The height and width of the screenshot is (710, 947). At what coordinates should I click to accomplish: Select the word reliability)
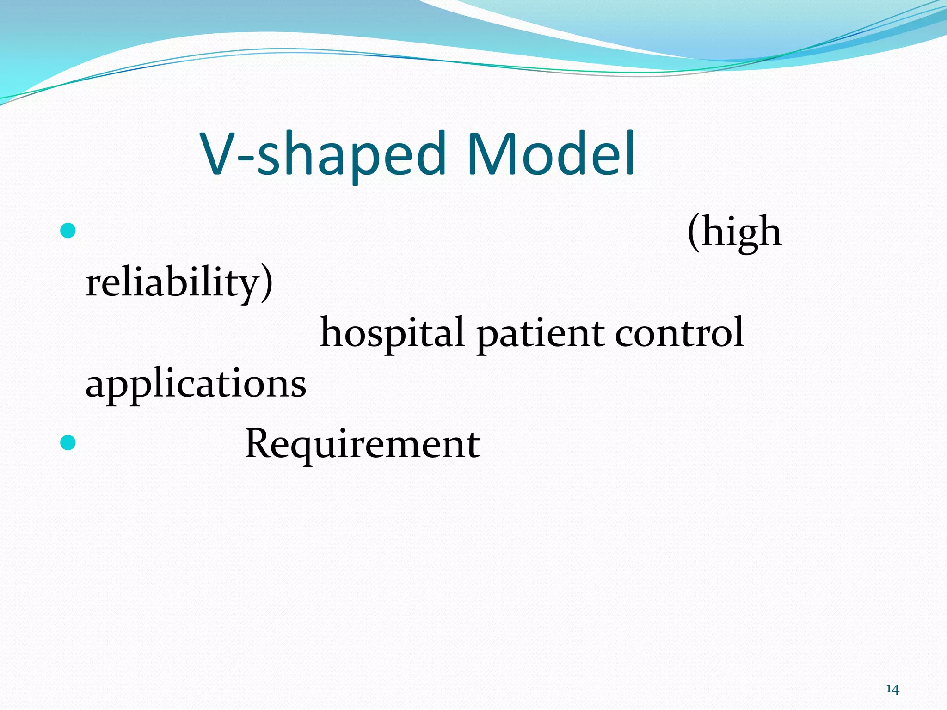click(x=179, y=283)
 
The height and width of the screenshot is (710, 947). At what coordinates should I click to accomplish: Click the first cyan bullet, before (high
click(x=68, y=230)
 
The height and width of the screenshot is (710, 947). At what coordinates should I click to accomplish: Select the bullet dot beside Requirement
click(x=68, y=443)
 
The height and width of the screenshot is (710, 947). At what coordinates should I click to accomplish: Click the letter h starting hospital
click(x=331, y=332)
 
